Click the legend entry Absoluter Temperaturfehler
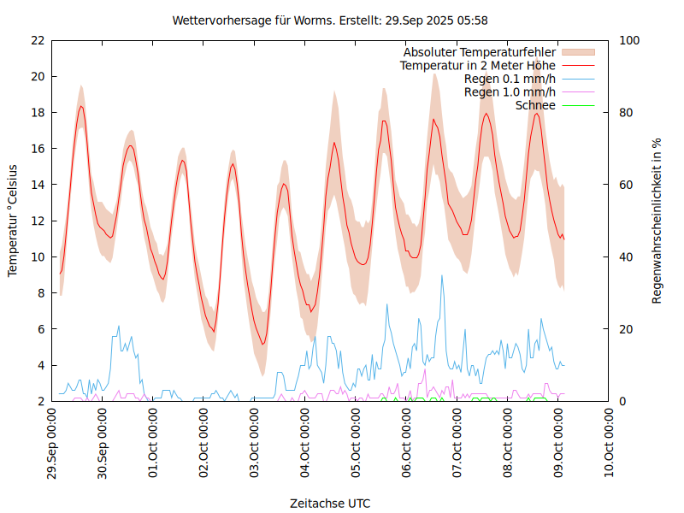click(480, 52)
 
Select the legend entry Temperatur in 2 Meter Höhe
click(478, 65)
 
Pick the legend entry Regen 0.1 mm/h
click(510, 79)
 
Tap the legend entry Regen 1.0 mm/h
click(510, 91)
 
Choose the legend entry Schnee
click(536, 105)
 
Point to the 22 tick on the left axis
click(37, 40)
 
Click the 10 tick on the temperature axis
click(37, 256)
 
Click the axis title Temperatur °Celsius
click(13, 221)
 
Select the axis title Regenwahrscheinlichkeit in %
click(657, 221)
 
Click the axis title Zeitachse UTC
click(330, 503)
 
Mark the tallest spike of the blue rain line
click(442, 275)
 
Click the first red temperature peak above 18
click(81, 106)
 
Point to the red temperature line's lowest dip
click(263, 344)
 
